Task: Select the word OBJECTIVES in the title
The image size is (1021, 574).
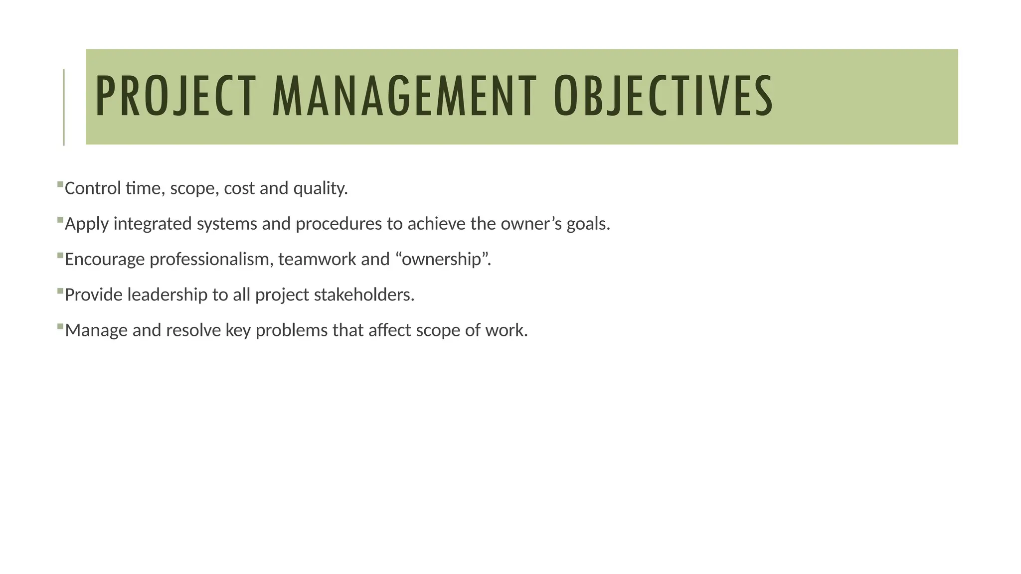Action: pos(663,96)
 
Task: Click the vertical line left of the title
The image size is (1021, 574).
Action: pos(64,107)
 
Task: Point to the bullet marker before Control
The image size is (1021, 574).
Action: pos(60,184)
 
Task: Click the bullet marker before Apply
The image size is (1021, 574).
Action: pos(60,220)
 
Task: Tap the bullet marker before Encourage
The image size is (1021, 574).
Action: pos(60,256)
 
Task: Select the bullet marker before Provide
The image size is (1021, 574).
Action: pos(60,291)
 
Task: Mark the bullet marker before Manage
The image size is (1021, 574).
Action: pos(60,327)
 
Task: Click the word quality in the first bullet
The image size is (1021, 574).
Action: pos(320,189)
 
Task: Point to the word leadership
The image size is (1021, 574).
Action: pos(167,295)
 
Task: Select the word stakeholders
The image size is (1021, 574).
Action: pos(363,295)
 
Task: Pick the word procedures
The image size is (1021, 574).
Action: pos(339,224)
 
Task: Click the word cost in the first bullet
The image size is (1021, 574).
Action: pos(239,189)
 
